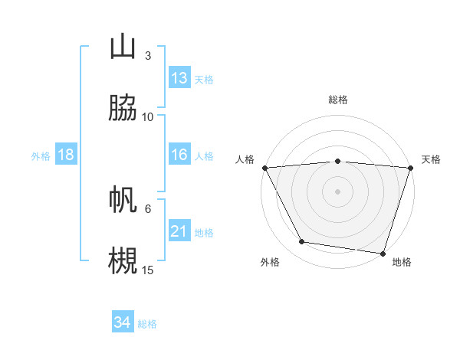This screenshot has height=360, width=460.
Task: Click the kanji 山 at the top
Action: point(123,47)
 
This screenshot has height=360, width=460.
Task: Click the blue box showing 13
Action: point(179,78)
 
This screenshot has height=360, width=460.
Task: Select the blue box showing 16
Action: point(179,155)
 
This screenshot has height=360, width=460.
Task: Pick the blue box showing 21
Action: point(179,231)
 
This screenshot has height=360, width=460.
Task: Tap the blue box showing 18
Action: point(66,155)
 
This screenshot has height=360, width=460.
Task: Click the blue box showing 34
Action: point(123,322)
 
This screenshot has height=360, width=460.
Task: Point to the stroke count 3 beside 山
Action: point(148,56)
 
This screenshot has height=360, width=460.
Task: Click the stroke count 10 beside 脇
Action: point(148,116)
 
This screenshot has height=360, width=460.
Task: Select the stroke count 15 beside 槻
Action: point(148,269)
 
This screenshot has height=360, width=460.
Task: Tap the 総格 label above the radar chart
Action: point(337,100)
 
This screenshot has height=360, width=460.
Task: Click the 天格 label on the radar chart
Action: point(431,159)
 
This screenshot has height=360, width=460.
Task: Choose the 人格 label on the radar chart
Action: point(245,159)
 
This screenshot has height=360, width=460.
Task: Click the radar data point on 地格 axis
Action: point(383,253)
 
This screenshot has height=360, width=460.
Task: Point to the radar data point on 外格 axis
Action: point(302,242)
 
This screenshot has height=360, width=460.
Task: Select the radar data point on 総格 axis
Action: point(337,161)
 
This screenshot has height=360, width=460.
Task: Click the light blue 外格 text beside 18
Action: point(41,155)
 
